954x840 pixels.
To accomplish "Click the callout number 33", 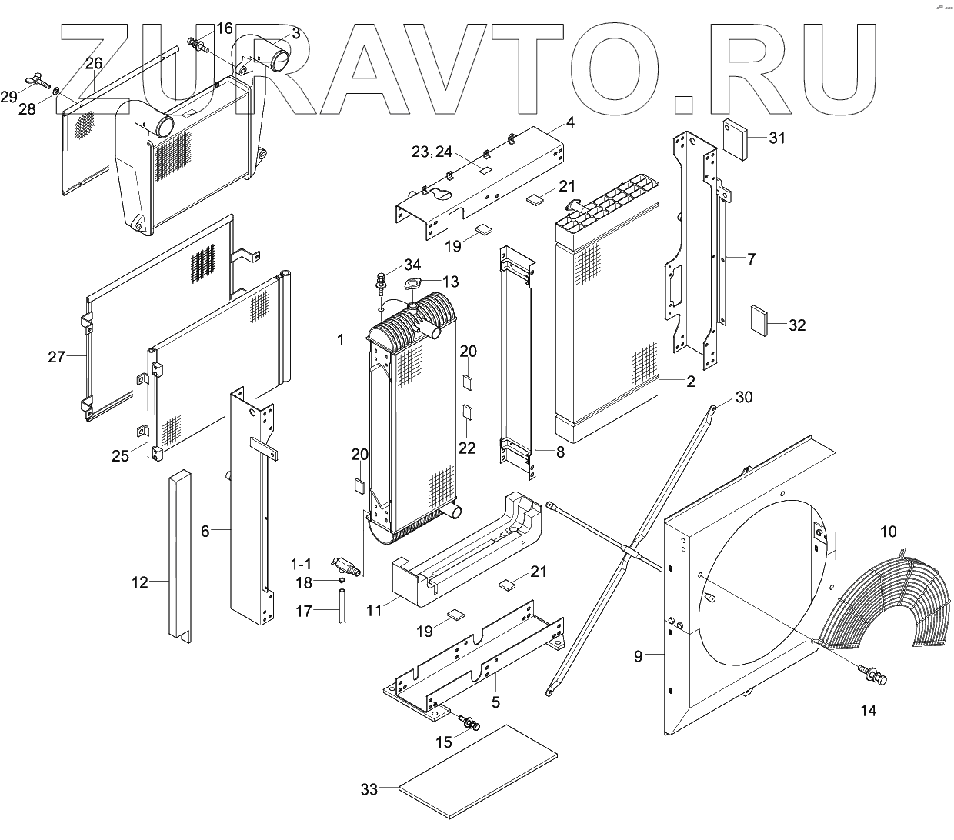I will pos(369,789).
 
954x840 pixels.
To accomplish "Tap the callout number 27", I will pos(56,356).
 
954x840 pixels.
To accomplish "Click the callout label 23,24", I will pos(432,152).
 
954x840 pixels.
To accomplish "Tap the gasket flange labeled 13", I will pos(416,285).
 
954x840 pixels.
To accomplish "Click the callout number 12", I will pos(139,582).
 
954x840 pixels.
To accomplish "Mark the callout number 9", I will pos(638,655).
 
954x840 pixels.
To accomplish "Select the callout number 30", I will pos(744,397).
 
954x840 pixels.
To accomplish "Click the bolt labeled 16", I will pos(197,44).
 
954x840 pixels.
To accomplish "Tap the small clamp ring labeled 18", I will pos(339,580).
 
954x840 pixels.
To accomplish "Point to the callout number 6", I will pos(205,530).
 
